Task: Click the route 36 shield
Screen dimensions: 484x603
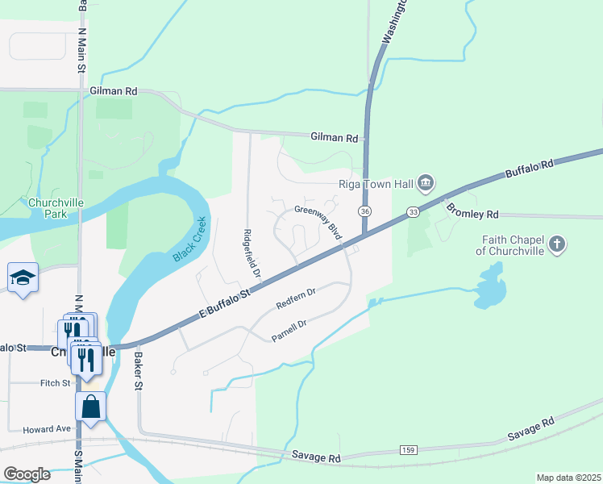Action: pos(366,211)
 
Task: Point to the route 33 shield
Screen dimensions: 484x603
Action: pos(413,212)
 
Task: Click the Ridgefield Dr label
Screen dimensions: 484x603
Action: pos(251,253)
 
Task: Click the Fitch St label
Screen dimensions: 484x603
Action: pos(56,383)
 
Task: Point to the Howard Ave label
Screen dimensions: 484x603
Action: pos(48,429)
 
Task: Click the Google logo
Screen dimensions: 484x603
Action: pos(27,474)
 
